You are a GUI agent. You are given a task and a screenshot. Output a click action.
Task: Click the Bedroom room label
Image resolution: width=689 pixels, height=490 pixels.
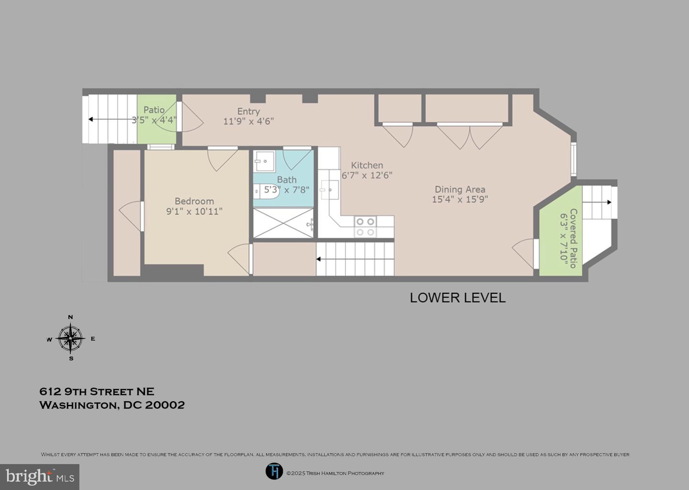pos(194,201)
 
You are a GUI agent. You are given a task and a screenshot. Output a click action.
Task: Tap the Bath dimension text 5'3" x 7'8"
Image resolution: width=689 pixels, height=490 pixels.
pos(287,190)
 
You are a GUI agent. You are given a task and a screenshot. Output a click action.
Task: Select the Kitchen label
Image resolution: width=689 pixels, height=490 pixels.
pos(367,165)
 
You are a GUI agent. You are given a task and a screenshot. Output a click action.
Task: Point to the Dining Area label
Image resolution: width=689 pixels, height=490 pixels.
pos(460,189)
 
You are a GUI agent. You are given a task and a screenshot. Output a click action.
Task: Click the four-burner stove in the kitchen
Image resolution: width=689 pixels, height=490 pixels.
pos(365,227)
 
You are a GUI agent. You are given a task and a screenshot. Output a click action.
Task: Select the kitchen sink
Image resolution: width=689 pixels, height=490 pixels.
pos(329,190)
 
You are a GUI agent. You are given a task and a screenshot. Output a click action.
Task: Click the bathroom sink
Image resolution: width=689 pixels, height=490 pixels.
pos(264,162)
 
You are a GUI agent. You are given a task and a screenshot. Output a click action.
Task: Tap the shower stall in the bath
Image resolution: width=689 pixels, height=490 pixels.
pos(283,223)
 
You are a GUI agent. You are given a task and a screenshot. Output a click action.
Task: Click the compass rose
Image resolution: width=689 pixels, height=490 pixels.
pos(71,338)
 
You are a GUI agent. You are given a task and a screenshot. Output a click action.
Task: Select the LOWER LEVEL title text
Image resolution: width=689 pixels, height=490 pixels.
pos(457,298)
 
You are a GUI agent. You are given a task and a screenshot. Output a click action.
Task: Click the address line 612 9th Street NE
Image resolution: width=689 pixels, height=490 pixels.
pos(97,391)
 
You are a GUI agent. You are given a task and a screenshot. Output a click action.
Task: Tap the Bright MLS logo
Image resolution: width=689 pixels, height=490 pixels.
pos(40,477)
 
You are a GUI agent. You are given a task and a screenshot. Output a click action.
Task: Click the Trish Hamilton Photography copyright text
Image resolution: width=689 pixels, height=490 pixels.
pos(335,473)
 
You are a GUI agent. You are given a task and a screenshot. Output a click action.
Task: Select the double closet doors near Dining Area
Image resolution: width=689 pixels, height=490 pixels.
pos(469,136)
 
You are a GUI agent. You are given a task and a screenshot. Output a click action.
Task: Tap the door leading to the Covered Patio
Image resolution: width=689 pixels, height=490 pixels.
pos(525,252)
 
